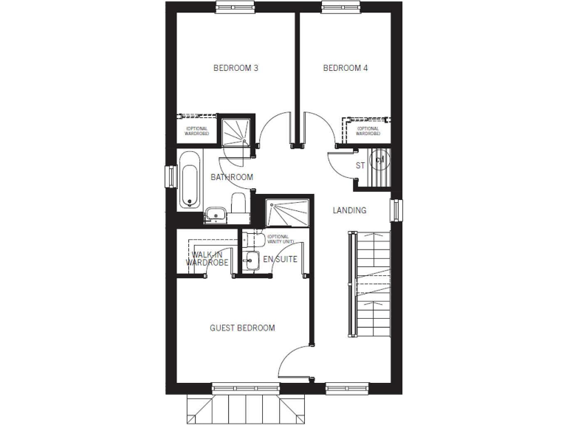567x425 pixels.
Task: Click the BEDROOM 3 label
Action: pos(236,69)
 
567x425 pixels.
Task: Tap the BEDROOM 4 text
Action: pos(346,69)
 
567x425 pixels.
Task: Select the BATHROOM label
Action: pos(232,177)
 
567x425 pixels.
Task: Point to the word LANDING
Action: pos(349,210)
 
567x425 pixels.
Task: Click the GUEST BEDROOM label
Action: pos(242,328)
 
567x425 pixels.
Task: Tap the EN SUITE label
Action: pos(280,259)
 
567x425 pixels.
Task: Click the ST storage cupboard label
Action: pos(360,165)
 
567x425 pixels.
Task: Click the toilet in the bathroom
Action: pos(238,204)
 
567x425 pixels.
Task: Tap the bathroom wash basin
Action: pos(214,214)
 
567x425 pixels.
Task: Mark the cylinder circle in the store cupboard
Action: pos(380,158)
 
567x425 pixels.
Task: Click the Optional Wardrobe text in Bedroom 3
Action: pos(196,131)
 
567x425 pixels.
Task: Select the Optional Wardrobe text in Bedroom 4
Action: pos(368,131)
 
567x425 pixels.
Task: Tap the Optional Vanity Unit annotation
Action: pos(281,239)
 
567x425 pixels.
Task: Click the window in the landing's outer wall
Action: pos(395,210)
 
